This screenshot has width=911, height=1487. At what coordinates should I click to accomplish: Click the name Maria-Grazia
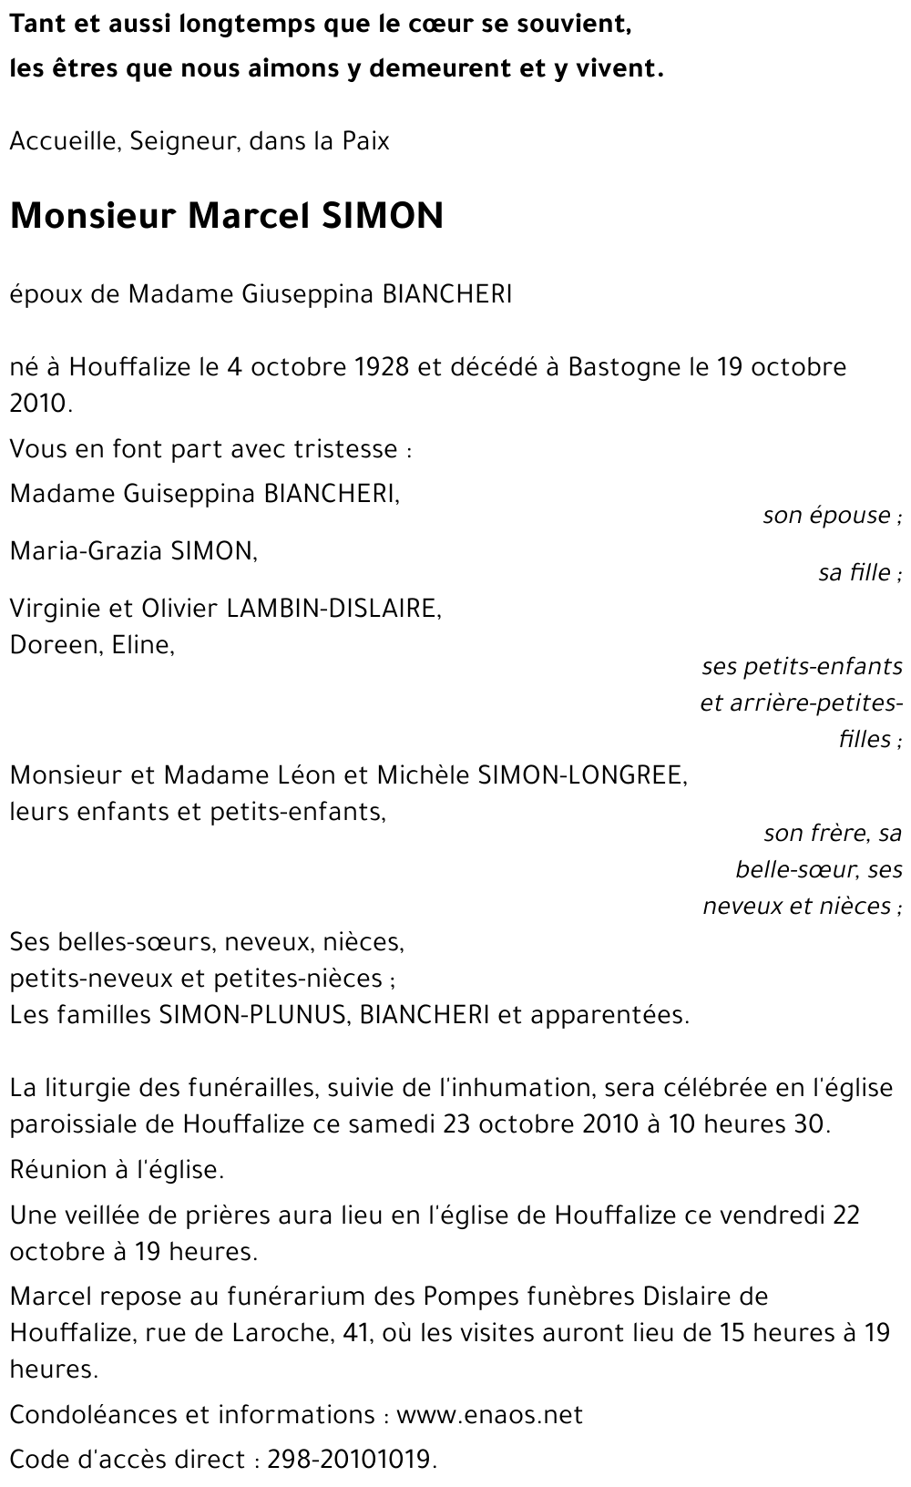[86, 550]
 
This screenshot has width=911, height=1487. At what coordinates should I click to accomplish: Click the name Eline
[142, 644]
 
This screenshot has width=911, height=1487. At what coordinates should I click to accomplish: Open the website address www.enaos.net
[490, 1415]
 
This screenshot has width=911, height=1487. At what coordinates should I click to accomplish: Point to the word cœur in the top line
[421, 25]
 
